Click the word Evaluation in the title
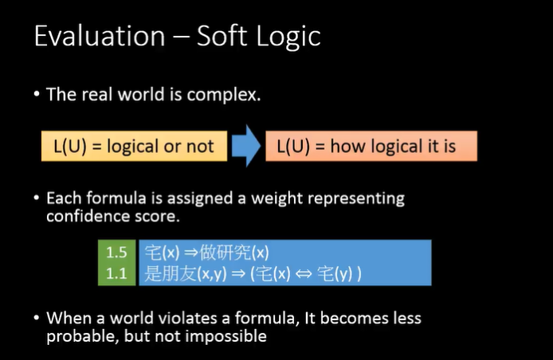[x=100, y=36]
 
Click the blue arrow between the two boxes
[x=246, y=146]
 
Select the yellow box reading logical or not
[x=134, y=146]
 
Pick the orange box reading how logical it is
[x=371, y=146]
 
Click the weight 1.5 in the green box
[x=116, y=252]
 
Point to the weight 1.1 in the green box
[x=116, y=274]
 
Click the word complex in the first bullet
[x=224, y=96]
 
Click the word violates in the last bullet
[x=187, y=318]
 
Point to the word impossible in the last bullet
[x=226, y=337]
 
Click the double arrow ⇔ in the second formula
[x=304, y=274]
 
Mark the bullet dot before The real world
[x=37, y=94]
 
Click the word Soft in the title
[x=222, y=36]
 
